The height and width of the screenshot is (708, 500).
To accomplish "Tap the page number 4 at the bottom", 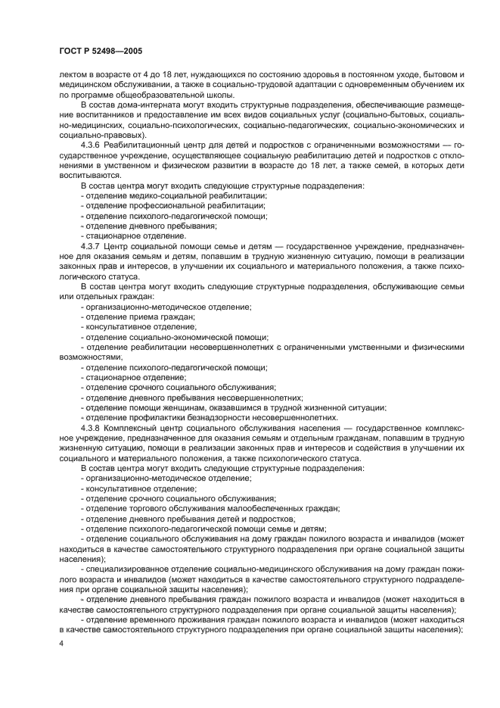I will [61, 643].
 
